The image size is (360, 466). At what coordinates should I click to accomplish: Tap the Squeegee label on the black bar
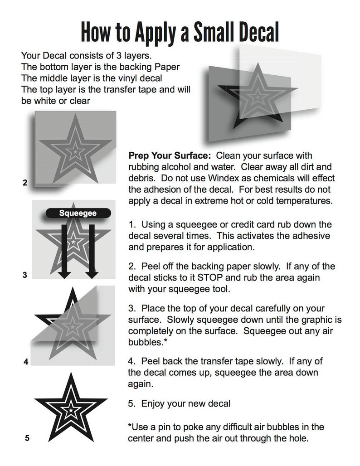(78, 213)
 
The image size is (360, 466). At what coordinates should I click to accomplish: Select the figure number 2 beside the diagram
(25, 183)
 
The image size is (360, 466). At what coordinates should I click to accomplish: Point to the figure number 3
(25, 275)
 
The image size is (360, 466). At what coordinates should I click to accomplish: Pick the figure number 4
(26, 362)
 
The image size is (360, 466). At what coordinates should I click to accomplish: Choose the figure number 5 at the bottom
(27, 438)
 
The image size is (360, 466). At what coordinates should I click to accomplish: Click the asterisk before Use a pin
(130, 427)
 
